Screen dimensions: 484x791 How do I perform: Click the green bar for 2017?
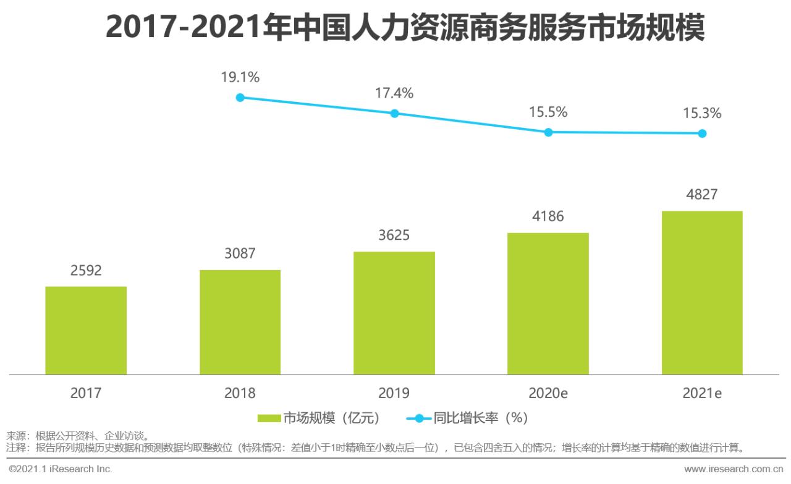[x=86, y=330]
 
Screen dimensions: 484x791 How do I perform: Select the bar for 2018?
[x=240, y=322]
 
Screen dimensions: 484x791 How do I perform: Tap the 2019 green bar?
[x=394, y=313]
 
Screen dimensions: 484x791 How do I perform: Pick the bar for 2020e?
[x=548, y=304]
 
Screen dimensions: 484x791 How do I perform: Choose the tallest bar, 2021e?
[x=702, y=292]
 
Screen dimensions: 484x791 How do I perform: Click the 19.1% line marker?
[x=240, y=97]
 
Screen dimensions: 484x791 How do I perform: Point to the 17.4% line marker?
[x=395, y=113]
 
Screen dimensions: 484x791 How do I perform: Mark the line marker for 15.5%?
[x=548, y=132]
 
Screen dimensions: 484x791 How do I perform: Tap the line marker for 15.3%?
[x=702, y=133]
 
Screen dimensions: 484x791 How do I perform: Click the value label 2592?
[x=86, y=271]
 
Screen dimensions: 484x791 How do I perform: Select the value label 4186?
[x=548, y=216]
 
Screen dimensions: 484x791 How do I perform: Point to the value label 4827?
[x=702, y=195]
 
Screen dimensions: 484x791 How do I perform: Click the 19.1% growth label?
[x=240, y=77]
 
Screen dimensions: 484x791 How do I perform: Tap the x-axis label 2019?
[x=394, y=393]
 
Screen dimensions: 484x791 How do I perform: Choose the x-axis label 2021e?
[x=702, y=393]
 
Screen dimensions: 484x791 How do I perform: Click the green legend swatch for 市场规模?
[x=269, y=418]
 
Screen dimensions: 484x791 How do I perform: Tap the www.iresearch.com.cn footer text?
[x=735, y=469]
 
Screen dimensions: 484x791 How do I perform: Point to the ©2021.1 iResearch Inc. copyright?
[x=60, y=469]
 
